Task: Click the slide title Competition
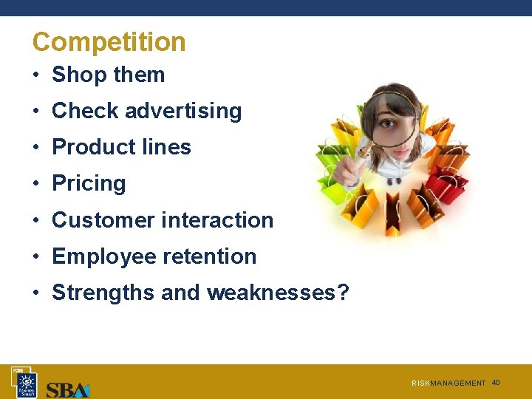point(109,42)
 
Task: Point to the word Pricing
point(89,183)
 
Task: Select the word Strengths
point(103,293)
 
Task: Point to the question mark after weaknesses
point(343,293)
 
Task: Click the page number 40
point(496,382)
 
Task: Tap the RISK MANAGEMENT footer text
point(449,383)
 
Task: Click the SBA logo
point(68,389)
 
